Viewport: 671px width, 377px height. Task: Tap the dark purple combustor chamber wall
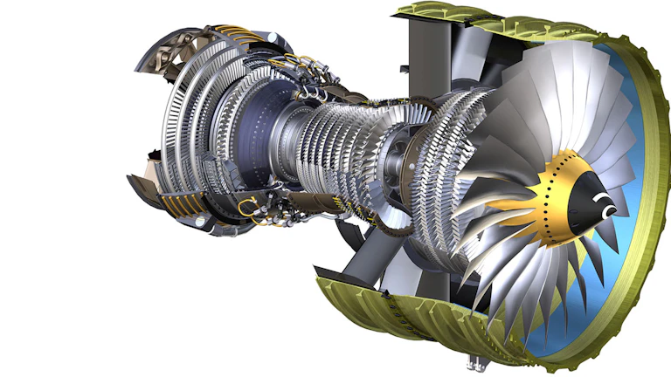coord(262,131)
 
